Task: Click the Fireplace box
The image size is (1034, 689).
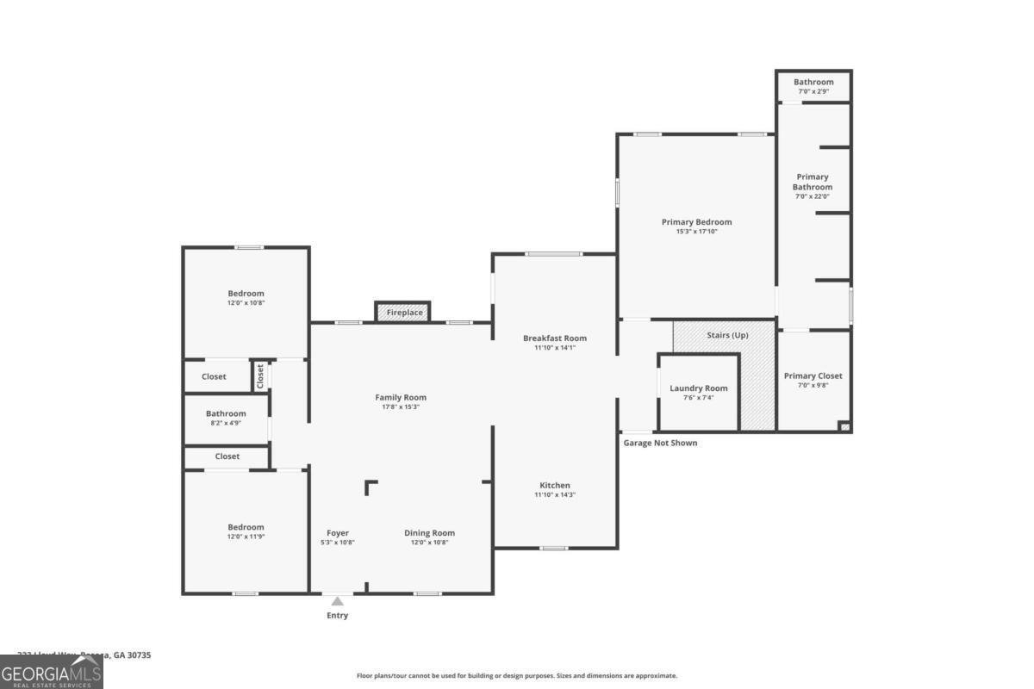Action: point(404,312)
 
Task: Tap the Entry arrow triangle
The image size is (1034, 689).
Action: point(337,601)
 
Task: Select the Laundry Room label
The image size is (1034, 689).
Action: point(699,388)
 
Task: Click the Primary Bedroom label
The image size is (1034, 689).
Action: point(696,222)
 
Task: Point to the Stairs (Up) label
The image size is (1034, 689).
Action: point(727,335)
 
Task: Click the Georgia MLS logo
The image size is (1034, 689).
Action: point(52,672)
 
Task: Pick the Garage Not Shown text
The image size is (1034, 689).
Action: point(660,443)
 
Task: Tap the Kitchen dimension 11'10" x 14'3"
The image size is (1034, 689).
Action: point(555,494)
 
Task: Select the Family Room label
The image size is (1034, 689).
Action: point(401,397)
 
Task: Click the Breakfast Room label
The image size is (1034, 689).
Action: point(555,338)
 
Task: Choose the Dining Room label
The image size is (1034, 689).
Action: point(429,533)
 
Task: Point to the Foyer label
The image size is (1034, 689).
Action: point(338,533)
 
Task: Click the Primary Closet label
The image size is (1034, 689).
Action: point(813,376)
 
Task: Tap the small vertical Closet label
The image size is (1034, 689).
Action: point(260,376)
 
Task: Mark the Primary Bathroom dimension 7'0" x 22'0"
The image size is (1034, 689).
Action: point(812,196)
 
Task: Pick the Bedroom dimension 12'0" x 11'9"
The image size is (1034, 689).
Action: point(246,537)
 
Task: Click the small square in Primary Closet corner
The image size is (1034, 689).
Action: point(844,425)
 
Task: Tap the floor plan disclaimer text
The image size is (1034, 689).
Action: point(517,676)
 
